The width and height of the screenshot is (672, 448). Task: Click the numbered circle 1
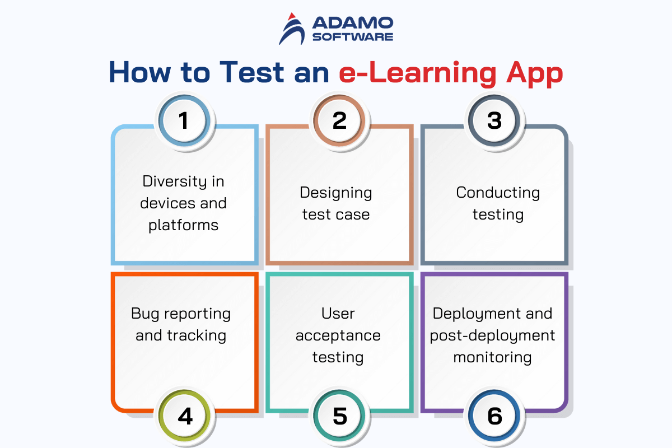coord(184,120)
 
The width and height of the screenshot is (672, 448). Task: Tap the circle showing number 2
coord(339,120)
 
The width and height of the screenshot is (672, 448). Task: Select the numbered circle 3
coord(494,120)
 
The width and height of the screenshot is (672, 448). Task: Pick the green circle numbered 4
coord(184,416)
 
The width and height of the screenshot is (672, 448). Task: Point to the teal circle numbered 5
coord(339,416)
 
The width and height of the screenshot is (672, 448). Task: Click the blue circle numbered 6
coord(494,416)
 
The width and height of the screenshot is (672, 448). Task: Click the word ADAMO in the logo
coord(353,23)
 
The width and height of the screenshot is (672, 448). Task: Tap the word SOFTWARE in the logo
coord(353,37)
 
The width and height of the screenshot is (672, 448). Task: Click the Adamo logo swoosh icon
coord(292,29)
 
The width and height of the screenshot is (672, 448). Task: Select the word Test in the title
coord(251,72)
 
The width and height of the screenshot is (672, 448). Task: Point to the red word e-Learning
coord(418,74)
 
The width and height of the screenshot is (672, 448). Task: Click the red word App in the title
coord(534,74)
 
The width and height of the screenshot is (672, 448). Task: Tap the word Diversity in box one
coord(175,181)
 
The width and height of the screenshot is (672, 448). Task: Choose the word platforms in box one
coord(183,225)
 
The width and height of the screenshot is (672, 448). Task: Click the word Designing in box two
coord(336,193)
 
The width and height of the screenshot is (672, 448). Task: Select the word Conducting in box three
coord(498,193)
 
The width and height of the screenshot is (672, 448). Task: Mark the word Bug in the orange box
coord(145,314)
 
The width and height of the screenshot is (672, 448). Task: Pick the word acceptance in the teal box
coord(338,336)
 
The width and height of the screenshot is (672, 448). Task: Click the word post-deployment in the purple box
coord(492,336)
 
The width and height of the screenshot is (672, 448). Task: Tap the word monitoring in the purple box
coord(492,358)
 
